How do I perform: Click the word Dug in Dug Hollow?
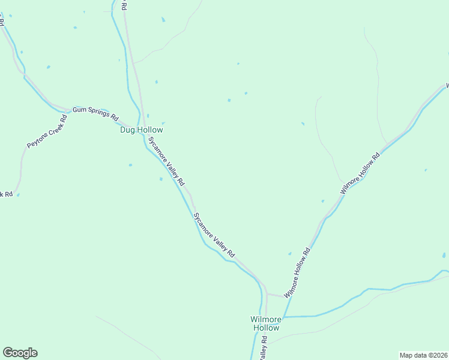[x=128, y=130]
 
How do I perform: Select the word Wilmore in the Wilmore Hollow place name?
[x=266, y=319]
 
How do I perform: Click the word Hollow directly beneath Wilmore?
[x=266, y=328]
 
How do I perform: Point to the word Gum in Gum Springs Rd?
[x=80, y=110]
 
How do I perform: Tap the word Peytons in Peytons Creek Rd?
[x=37, y=140]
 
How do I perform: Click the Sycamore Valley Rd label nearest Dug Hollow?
[x=166, y=160]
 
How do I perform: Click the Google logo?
[x=20, y=353]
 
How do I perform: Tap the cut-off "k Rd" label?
[x=6, y=194]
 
